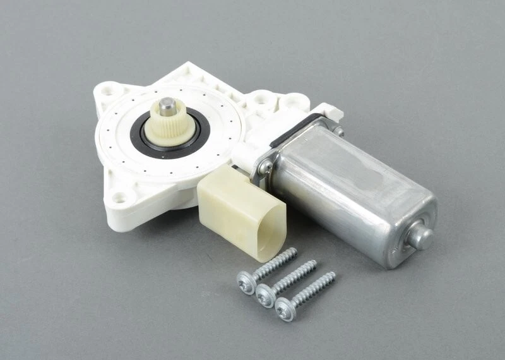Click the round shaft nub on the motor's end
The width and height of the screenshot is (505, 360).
coord(421,236)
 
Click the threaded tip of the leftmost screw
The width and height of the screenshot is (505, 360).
coord(292,251)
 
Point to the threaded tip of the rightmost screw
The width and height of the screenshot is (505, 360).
coord(330,276)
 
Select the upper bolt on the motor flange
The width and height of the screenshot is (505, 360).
coord(339,131)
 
